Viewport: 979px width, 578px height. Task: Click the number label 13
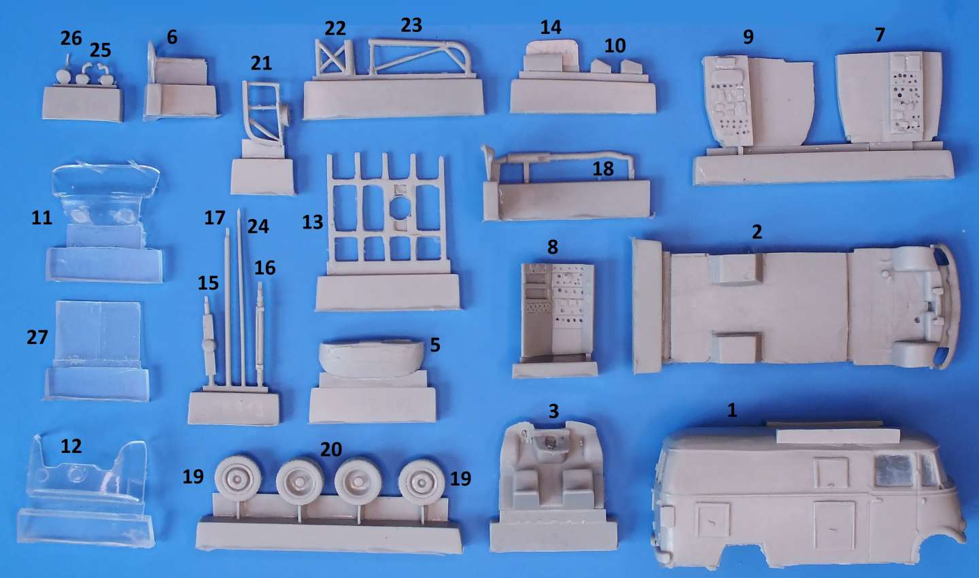pos(313,222)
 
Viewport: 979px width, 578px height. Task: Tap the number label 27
pos(37,337)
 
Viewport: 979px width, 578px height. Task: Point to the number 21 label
pos(261,63)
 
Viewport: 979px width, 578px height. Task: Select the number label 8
pos(553,247)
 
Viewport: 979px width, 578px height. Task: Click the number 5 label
pos(435,345)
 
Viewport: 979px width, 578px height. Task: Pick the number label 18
pos(603,169)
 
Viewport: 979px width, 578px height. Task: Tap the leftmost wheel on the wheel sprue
pos(238,479)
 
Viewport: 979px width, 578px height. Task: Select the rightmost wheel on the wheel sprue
pos(422,481)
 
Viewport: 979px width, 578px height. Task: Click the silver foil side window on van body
pos(894,471)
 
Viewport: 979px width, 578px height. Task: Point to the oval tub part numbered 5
pos(371,358)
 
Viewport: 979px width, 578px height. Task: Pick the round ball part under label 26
pos(63,78)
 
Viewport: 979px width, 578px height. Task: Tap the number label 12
pos(71,446)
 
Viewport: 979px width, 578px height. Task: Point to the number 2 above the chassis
pos(757,232)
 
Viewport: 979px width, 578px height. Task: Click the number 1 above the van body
pos(732,410)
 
